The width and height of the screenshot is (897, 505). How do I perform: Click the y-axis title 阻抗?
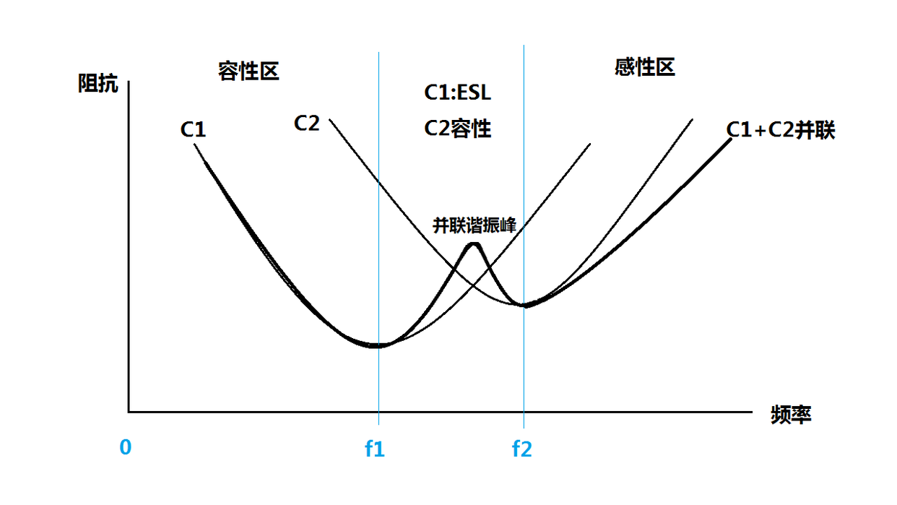(x=97, y=84)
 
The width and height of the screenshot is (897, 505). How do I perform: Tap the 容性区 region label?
(x=248, y=71)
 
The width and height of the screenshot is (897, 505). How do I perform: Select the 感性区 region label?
(x=644, y=68)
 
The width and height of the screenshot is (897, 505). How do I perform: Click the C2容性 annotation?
(x=457, y=129)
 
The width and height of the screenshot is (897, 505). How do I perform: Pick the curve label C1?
(x=194, y=130)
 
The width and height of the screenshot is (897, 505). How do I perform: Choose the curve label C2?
(x=306, y=124)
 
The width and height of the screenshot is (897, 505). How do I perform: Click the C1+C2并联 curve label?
(x=781, y=130)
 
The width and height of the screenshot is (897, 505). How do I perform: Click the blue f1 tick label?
(x=375, y=449)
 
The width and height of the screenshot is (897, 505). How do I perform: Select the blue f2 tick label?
(x=522, y=449)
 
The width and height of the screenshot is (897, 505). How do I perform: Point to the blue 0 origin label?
(x=126, y=448)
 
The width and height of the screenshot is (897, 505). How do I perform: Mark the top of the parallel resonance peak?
(x=474, y=243)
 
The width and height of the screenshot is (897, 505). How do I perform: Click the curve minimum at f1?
(x=377, y=345)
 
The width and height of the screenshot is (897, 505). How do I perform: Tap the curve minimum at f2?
(x=525, y=306)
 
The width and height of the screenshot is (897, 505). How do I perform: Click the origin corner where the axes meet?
(x=129, y=412)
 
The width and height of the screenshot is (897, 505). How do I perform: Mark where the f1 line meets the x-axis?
(x=378, y=412)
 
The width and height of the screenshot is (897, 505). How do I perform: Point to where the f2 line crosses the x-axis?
(x=524, y=412)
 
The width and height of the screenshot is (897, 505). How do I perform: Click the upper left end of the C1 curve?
(x=195, y=145)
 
